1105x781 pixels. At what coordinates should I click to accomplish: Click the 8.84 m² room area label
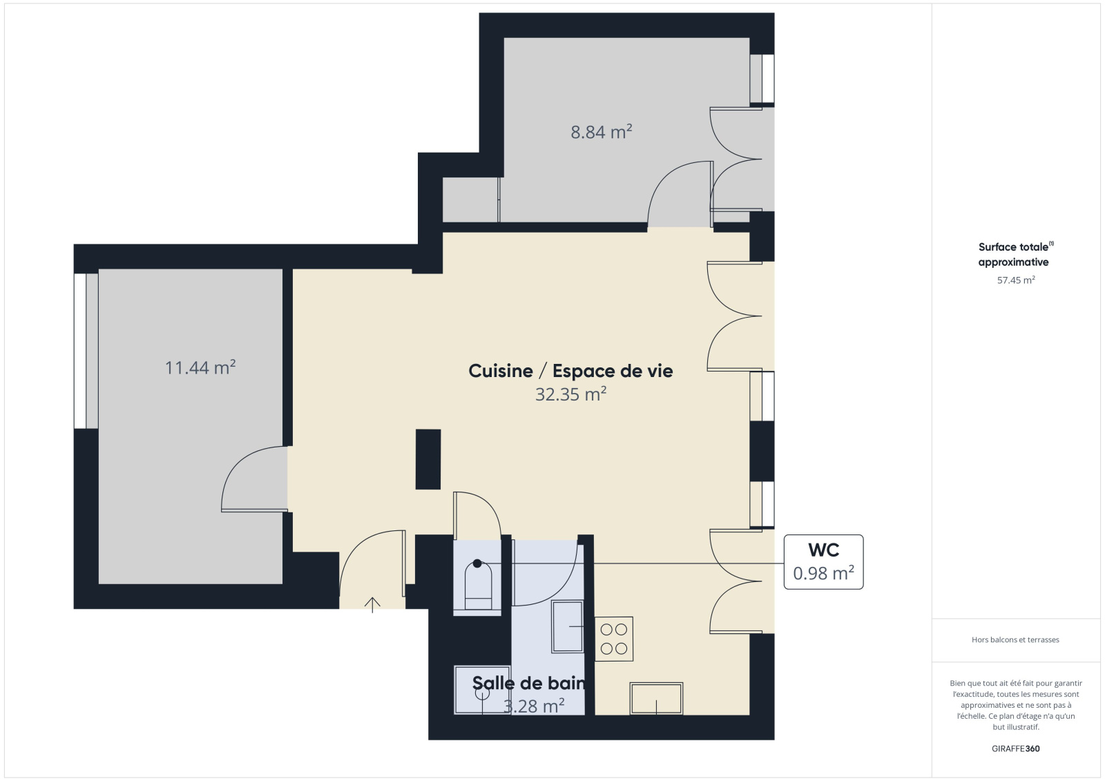(602, 132)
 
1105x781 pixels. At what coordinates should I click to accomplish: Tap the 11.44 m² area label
(200, 367)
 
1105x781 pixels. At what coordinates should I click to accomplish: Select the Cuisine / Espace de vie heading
(570, 371)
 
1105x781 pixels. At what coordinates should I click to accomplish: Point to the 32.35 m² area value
(570, 394)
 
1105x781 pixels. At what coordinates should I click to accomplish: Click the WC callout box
(824, 562)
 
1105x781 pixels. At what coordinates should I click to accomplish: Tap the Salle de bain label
(529, 683)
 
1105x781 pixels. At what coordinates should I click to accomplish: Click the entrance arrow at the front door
(372, 605)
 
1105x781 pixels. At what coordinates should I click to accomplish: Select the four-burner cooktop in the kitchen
(614, 639)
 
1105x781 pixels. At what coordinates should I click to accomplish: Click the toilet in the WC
(478, 587)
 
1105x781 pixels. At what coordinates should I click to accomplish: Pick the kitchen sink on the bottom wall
(656, 698)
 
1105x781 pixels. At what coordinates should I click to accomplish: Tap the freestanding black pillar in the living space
(428, 459)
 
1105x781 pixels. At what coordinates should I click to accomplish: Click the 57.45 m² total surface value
(1016, 280)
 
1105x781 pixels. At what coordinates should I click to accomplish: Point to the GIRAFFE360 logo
(1016, 749)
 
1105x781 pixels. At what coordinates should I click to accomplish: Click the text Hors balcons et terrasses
(1016, 640)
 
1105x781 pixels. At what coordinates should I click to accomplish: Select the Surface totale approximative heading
(1015, 254)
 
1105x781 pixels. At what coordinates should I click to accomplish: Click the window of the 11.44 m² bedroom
(86, 351)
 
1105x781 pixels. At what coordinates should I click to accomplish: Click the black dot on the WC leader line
(477, 563)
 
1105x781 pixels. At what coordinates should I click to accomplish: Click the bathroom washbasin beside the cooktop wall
(567, 626)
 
